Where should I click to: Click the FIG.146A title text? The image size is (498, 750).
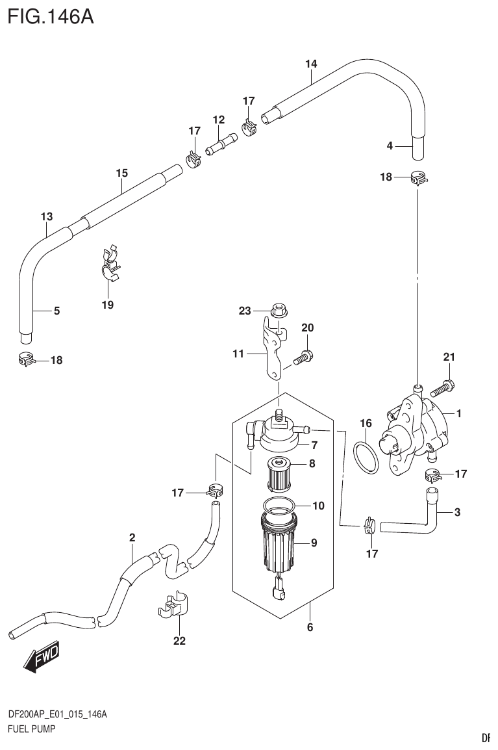[x=51, y=16]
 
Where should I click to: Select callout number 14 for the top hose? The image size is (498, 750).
[x=311, y=64]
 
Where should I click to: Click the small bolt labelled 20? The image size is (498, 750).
[x=303, y=356]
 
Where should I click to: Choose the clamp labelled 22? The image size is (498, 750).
[x=171, y=604]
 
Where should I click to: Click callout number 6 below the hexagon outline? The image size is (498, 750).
[x=310, y=627]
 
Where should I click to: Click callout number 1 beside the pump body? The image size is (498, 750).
[x=458, y=413]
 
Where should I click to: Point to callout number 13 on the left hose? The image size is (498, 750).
[x=46, y=216]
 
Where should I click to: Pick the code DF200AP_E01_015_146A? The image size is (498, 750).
[x=57, y=714]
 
